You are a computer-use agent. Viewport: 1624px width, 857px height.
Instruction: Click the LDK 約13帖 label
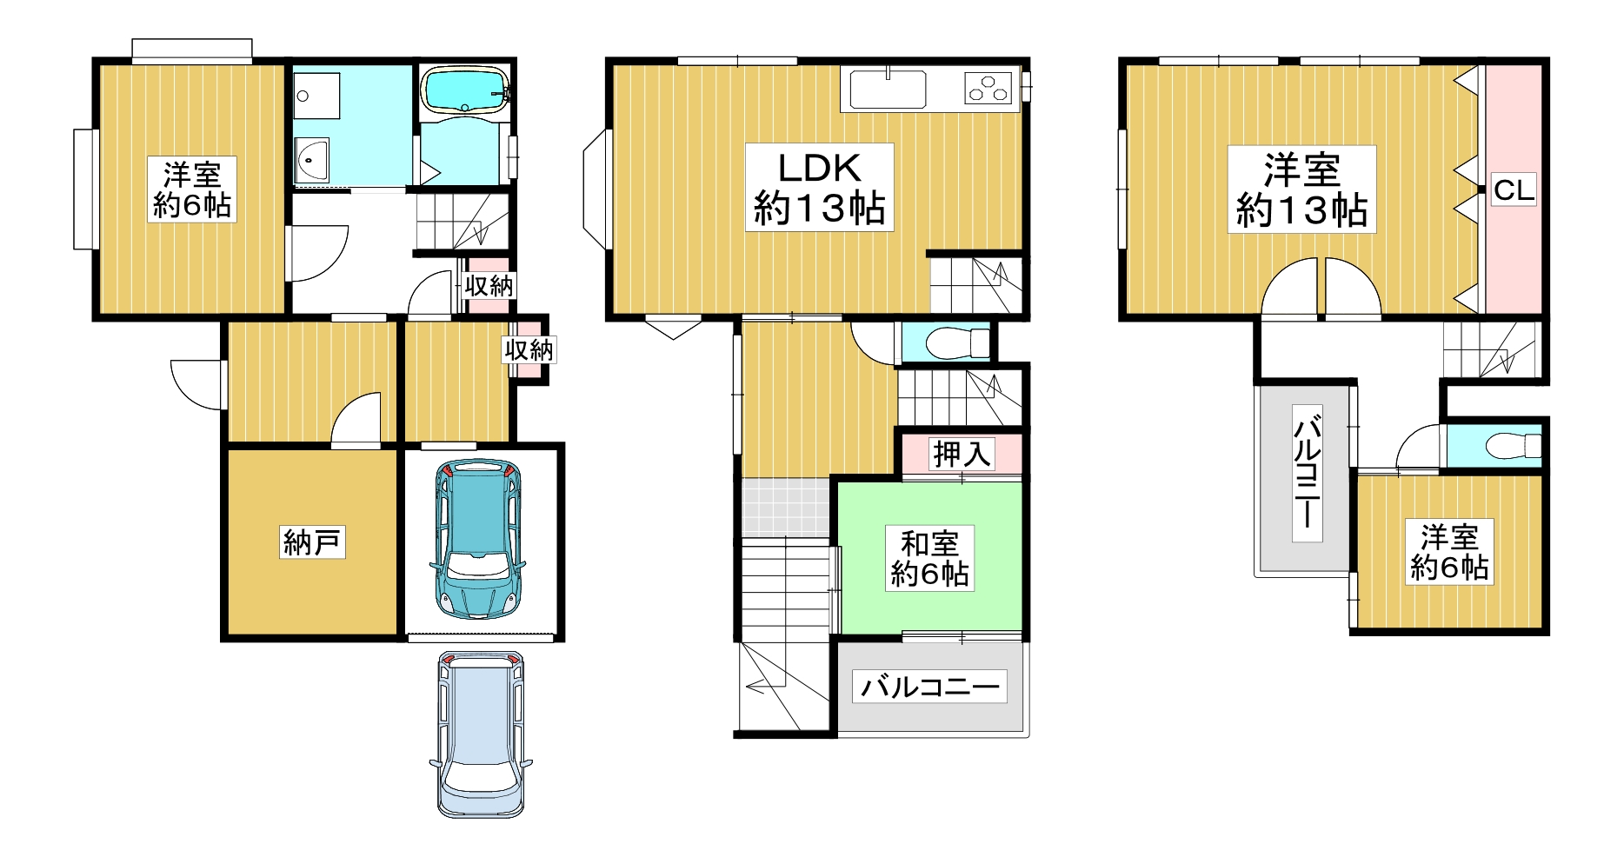(x=819, y=188)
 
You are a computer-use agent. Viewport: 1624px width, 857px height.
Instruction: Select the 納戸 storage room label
(x=313, y=542)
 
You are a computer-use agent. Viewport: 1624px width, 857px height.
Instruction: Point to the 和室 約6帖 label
(x=929, y=559)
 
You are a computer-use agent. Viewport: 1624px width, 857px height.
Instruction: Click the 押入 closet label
(x=962, y=453)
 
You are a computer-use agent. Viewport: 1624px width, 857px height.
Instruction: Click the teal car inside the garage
(x=477, y=539)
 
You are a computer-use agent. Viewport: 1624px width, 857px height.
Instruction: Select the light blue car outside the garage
(x=480, y=734)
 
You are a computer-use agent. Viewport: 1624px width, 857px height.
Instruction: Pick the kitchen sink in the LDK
(x=888, y=90)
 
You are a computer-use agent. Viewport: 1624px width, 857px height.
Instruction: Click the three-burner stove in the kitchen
(x=989, y=89)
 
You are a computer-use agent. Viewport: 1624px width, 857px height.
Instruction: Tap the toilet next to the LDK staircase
(x=957, y=343)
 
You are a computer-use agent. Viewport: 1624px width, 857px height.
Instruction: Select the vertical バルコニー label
(x=1307, y=473)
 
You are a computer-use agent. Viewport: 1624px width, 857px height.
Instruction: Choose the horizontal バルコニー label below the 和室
(x=929, y=688)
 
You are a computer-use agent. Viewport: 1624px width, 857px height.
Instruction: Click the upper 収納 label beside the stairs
(x=489, y=285)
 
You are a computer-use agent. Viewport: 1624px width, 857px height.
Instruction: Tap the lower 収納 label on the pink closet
(x=529, y=349)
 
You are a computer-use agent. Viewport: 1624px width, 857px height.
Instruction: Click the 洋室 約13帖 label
(x=1301, y=189)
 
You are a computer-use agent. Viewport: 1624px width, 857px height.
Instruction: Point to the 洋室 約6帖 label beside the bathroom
(x=192, y=189)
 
